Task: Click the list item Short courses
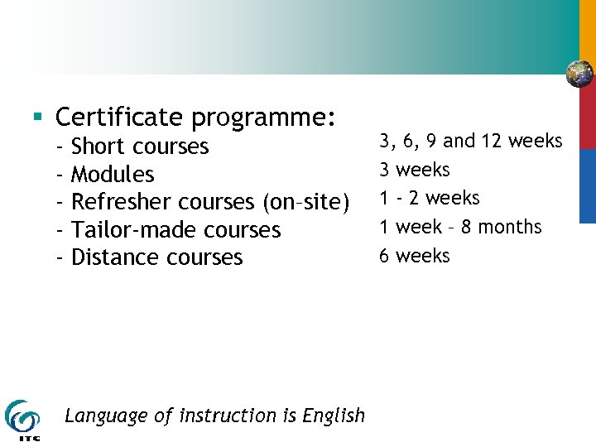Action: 140,147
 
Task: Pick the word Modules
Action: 113,175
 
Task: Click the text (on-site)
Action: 305,203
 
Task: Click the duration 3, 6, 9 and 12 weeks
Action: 470,142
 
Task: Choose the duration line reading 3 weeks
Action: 414,170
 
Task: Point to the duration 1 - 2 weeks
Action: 429,198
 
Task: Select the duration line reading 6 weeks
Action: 414,255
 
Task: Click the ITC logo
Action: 22,419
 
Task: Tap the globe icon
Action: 579,74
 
